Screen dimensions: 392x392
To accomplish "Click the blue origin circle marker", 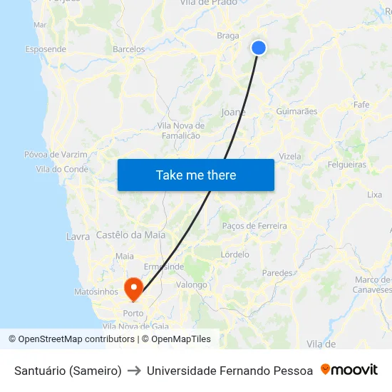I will tap(259, 48).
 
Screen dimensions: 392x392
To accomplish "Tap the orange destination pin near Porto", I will tap(133, 287).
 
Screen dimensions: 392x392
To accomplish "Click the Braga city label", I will tap(228, 36).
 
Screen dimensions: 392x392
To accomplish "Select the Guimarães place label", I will tap(296, 111).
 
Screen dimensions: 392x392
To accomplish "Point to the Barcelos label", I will tap(129, 50).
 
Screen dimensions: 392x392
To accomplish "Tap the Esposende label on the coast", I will tap(46, 49).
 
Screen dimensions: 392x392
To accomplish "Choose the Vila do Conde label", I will tap(62, 170).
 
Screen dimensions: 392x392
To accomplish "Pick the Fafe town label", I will tap(361, 105).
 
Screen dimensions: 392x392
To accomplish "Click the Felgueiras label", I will tap(346, 165).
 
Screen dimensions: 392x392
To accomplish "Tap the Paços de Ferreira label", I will tap(254, 226).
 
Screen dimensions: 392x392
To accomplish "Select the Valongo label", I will tap(191, 285).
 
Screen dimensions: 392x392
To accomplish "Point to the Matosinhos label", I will tap(96, 292).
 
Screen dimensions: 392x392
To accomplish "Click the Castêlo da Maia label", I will tap(130, 235).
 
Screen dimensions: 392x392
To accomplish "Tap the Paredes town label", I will tap(277, 273).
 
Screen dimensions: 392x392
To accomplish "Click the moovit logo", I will tap(349, 370).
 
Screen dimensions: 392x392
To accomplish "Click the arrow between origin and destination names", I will tap(134, 371).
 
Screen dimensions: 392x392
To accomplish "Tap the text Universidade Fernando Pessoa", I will tap(229, 371).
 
